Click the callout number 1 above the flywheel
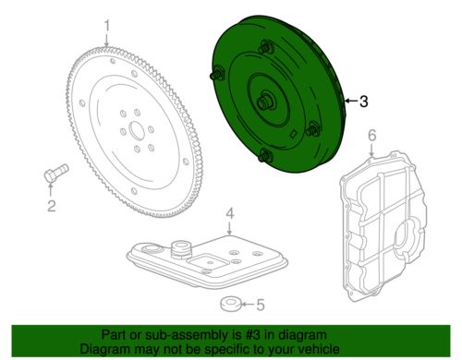(106, 26)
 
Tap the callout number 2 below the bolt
(51, 206)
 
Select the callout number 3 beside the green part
(364, 102)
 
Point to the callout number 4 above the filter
(230, 213)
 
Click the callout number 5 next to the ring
(261, 305)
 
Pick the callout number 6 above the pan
(372, 136)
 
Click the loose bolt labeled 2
(55, 174)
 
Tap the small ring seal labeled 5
(231, 304)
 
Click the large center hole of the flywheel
(137, 130)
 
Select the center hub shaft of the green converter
(264, 102)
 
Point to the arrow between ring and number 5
(248, 305)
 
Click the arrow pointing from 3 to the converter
(351, 101)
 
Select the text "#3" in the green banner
(246, 335)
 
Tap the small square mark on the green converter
(294, 133)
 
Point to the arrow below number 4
(230, 228)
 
